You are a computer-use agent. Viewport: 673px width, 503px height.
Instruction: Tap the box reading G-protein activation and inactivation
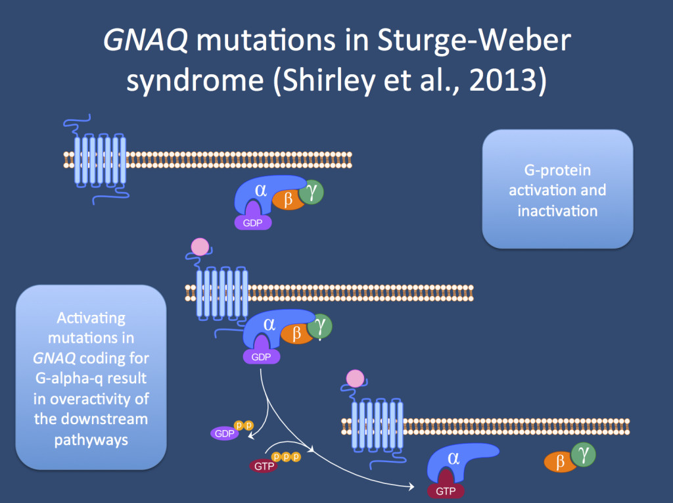557,189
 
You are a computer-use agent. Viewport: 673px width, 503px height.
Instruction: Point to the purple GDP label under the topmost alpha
253,222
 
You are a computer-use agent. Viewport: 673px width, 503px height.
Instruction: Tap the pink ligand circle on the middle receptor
199,248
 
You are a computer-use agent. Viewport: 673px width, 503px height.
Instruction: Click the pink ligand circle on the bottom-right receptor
355,379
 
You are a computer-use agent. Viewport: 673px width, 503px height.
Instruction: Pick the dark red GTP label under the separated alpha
446,491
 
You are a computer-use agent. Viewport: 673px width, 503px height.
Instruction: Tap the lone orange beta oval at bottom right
559,462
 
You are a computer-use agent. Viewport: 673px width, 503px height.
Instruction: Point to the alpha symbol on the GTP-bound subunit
453,458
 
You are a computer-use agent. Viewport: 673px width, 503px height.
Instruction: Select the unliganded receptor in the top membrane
99,158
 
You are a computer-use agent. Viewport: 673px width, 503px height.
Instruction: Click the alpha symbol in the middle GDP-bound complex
269,323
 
